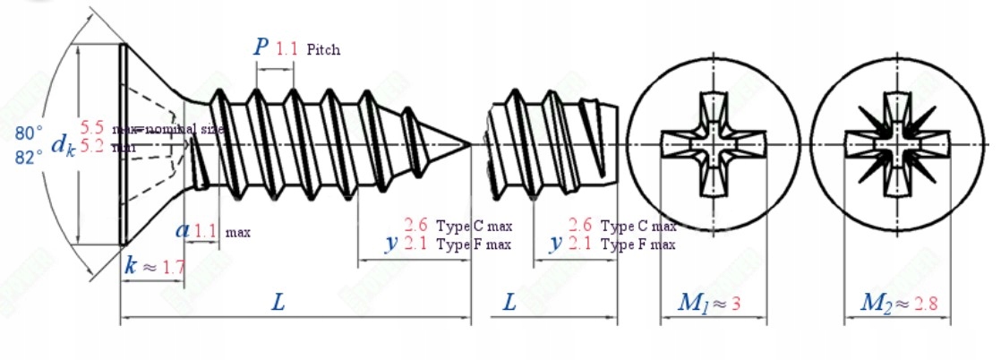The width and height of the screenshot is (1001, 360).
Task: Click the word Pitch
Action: pos(323,50)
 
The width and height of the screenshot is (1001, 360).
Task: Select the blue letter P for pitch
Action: pos(261,47)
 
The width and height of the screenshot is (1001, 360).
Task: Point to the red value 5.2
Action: pos(91,146)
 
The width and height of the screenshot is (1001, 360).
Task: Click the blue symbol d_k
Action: pos(62,143)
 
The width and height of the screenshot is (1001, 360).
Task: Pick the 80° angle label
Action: pos(29,133)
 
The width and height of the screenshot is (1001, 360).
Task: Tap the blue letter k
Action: pos(131,265)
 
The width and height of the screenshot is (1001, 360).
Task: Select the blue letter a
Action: pos(183,230)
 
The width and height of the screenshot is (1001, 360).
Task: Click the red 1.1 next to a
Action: pos(205,231)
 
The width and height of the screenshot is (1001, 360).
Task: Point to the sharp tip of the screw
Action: pos(470,143)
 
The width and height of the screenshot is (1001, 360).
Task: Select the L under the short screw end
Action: pos(509,304)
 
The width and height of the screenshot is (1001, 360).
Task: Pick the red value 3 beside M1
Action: pos(736,304)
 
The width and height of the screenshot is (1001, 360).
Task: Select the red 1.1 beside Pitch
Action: pos(287,48)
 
